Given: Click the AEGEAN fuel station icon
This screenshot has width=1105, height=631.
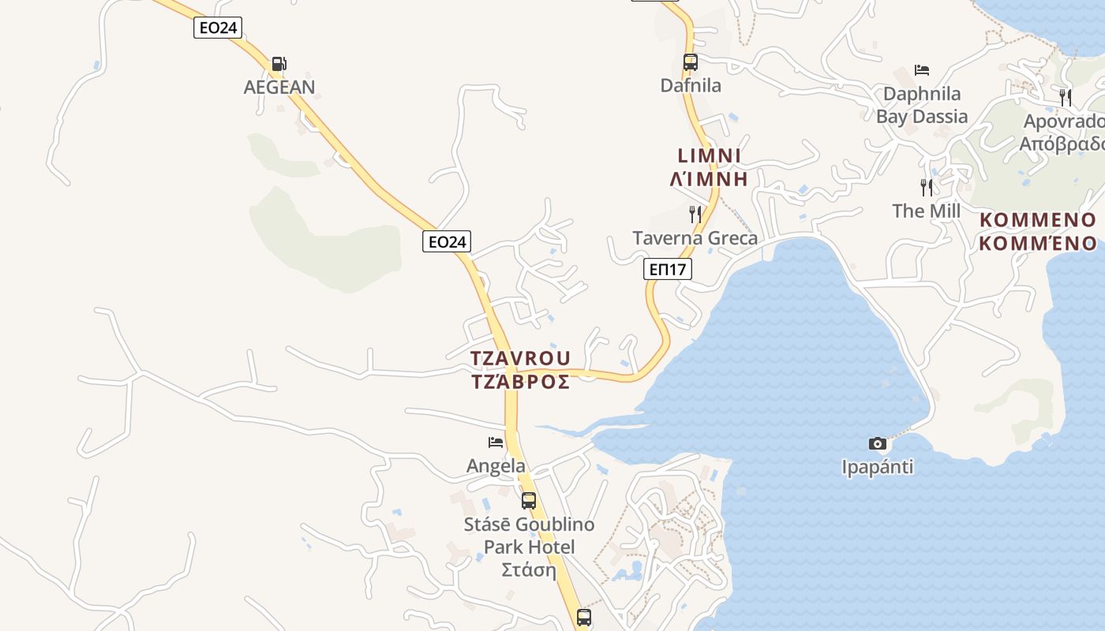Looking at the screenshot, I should (x=279, y=64).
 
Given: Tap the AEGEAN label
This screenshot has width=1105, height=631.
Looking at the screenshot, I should (x=279, y=87).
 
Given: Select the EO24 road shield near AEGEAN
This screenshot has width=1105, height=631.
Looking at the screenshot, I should (x=218, y=28).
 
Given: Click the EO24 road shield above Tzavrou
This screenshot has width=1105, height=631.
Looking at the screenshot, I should (x=447, y=241).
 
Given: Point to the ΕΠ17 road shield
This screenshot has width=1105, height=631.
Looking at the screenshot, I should (x=668, y=269).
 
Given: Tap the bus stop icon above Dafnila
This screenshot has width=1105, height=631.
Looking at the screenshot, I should (x=691, y=62).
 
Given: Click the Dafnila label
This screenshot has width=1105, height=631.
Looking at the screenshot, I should (x=691, y=85).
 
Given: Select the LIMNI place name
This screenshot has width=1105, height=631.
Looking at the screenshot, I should (x=709, y=155).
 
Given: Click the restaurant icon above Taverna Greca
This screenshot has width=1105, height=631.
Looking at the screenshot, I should (x=695, y=214).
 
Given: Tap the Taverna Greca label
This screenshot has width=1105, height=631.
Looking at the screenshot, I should (x=695, y=238).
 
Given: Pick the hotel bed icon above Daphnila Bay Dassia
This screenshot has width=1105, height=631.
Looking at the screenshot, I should (x=922, y=70).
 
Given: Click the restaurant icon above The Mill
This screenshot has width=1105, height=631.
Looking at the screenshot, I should (x=927, y=187).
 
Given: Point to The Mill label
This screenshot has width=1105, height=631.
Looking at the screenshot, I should (x=927, y=211).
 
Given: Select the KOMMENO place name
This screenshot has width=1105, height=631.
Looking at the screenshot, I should (x=1037, y=220).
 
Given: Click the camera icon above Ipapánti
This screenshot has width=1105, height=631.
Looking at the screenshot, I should (x=878, y=443).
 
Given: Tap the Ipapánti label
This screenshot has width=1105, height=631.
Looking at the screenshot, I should (x=878, y=467).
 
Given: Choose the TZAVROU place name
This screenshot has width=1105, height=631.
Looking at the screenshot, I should (x=520, y=358).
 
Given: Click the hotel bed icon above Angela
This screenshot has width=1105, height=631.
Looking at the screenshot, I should (x=496, y=442).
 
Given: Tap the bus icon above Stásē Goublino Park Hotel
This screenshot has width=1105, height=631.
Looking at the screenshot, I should (x=529, y=500).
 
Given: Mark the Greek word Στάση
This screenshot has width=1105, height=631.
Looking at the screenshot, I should (x=529, y=569).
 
